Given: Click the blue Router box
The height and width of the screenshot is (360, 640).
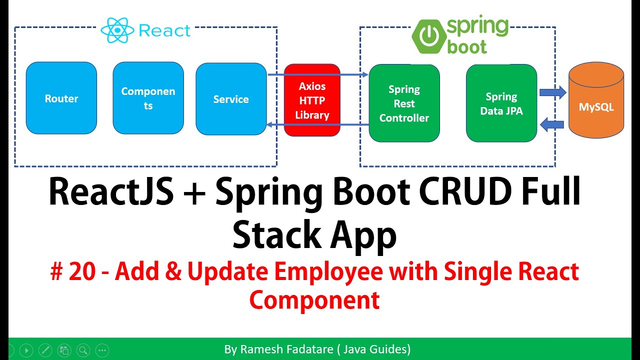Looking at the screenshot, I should [x=61, y=98].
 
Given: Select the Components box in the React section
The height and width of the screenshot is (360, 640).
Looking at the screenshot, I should [x=148, y=98].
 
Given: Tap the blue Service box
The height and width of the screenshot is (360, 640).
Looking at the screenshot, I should [x=231, y=99].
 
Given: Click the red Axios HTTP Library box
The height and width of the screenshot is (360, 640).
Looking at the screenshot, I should [x=312, y=100].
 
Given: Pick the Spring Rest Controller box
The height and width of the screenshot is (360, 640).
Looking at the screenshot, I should [x=404, y=103].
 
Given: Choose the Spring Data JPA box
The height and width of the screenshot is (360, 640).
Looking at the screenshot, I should [x=501, y=103].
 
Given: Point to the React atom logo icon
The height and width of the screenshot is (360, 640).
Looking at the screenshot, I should [x=117, y=31].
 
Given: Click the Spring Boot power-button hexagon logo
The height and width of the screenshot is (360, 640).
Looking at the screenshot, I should [x=428, y=35].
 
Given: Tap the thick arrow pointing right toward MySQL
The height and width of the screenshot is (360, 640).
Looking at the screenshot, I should [x=552, y=92].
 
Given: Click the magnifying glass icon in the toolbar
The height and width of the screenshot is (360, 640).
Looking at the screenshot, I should [x=82, y=350].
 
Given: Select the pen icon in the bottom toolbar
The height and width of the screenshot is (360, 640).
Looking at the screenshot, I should [x=44, y=350].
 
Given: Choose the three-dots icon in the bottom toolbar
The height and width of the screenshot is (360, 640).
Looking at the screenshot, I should [x=101, y=350].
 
